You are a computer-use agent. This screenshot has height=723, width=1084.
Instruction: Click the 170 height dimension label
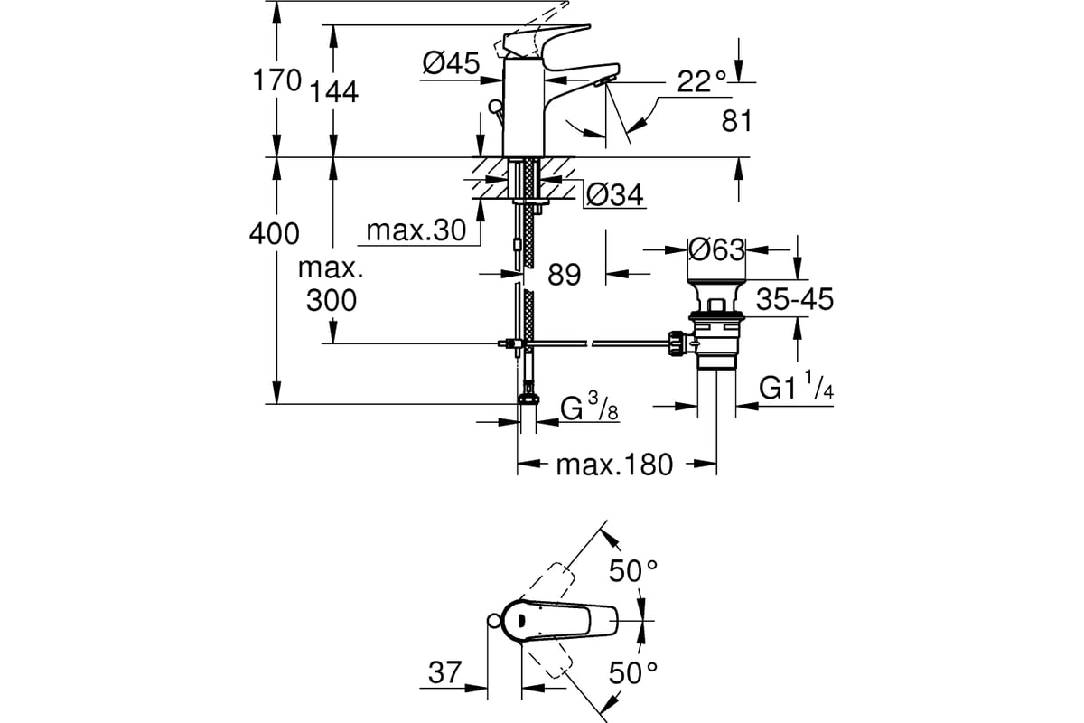pyautogui.click(x=277, y=80)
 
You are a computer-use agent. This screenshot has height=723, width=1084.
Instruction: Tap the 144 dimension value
pyautogui.click(x=334, y=92)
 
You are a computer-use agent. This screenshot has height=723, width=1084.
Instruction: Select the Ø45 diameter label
pyautogui.click(x=451, y=63)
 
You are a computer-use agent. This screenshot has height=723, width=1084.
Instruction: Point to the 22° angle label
pyautogui.click(x=702, y=81)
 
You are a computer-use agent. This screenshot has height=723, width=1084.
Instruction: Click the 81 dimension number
pyautogui.click(x=736, y=121)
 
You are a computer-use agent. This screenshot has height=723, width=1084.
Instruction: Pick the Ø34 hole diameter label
pyautogui.click(x=614, y=195)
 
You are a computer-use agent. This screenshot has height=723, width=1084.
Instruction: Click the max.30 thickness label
pyautogui.click(x=416, y=230)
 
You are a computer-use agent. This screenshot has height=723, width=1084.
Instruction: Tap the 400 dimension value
pyautogui.click(x=275, y=234)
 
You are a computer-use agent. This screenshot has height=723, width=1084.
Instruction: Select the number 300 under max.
pyautogui.click(x=332, y=300)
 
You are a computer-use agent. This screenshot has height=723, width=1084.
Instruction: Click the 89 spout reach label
pyautogui.click(x=565, y=275)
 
